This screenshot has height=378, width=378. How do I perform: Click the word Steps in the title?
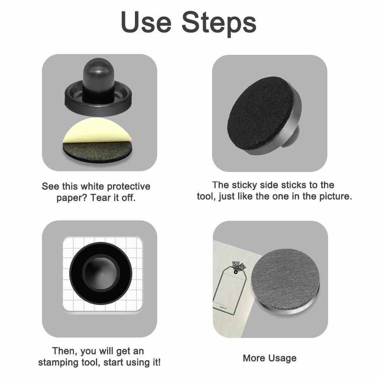(x=219, y=23)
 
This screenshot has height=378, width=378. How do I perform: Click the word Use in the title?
(x=146, y=22)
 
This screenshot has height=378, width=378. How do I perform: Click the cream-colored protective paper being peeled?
(x=98, y=130)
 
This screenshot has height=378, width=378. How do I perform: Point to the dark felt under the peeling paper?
(x=98, y=152)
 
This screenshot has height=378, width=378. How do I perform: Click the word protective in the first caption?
(x=129, y=187)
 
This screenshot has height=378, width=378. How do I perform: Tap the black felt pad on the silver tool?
(x=261, y=113)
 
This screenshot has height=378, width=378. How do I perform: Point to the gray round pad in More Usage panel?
(x=285, y=280)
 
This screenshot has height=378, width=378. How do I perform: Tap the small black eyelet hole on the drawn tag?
(x=235, y=272)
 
